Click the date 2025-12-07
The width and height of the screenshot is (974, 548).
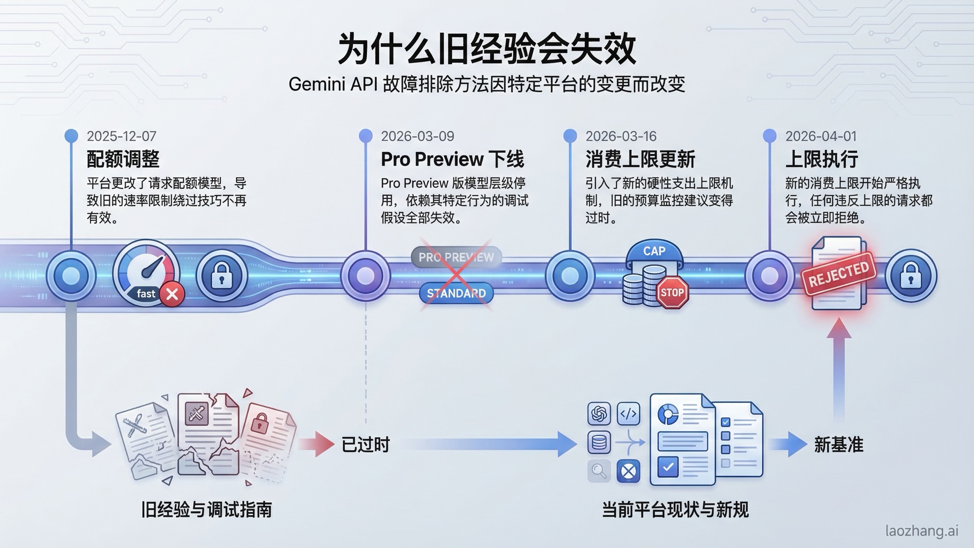[121, 136]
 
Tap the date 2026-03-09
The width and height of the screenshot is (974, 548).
[417, 136]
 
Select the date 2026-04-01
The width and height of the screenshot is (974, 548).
[821, 136]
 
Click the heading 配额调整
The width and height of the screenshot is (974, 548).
[123, 159]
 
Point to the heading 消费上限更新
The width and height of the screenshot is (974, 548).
[640, 159]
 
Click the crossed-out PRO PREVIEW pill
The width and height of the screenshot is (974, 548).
[456, 257]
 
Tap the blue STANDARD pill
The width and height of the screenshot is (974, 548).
[456, 293]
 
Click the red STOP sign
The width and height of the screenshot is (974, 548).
[672, 292]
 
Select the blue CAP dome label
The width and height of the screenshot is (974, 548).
[654, 251]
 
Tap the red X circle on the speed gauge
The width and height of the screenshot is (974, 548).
[172, 294]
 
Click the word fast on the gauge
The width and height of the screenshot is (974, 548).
[146, 293]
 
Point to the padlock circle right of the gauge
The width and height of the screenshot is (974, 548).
[222, 276]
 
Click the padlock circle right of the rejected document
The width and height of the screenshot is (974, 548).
[911, 276]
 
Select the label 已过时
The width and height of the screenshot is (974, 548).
[366, 444]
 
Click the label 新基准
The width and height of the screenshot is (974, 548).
[838, 444]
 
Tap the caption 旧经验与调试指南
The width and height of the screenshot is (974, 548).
[206, 510]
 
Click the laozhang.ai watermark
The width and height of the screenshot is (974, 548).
[922, 531]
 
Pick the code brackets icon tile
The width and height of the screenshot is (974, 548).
[628, 414]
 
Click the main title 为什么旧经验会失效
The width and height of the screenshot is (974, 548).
[487, 49]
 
